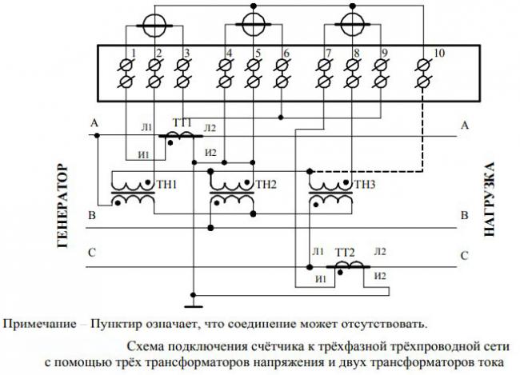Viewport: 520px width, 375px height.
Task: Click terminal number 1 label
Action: point(134,54)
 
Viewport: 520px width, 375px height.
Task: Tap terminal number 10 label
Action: point(438,54)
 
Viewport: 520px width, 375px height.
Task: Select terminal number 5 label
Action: point(258,54)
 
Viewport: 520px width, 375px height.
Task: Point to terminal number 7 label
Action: point(329,54)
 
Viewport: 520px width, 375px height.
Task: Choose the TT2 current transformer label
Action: point(345,251)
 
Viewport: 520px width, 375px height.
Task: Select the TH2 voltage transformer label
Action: point(266,184)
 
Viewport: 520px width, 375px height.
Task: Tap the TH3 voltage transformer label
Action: point(364,184)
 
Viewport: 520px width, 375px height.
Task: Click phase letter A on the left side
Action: point(94,124)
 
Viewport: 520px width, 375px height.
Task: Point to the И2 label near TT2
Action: point(381,276)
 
